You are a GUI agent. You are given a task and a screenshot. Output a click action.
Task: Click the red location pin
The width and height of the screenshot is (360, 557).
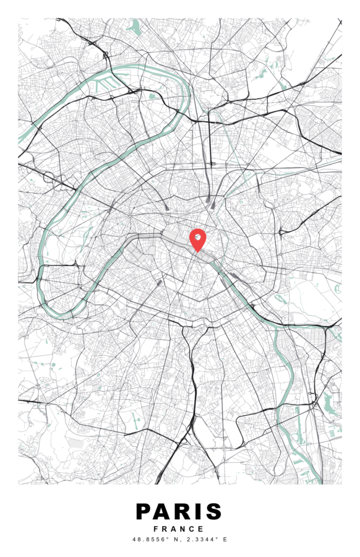click(197, 239)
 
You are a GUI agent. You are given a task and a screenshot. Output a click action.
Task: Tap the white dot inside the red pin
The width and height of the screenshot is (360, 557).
click(197, 236)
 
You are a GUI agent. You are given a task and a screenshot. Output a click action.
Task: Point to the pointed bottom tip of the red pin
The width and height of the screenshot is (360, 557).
click(197, 252)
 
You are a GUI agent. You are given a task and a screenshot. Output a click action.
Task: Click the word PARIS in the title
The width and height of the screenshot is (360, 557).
click(179, 512)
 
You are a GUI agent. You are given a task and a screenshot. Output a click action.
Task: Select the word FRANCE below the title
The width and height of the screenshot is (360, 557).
click(179, 529)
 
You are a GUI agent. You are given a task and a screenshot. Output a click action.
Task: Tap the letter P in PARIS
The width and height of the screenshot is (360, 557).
click(144, 512)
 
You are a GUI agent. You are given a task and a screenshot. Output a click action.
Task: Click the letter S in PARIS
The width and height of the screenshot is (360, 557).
click(213, 512)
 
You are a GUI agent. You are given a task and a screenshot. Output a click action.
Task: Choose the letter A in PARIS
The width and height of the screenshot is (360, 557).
click(162, 512)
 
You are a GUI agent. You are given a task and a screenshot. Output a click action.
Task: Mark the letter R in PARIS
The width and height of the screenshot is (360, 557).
click(181, 512)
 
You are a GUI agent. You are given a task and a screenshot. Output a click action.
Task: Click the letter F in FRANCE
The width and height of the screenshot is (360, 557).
click(156, 529)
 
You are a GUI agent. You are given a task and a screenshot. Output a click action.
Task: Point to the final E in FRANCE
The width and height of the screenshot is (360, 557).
click(201, 529)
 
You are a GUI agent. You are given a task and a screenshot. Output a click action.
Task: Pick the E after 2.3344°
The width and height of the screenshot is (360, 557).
click(225, 540)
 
